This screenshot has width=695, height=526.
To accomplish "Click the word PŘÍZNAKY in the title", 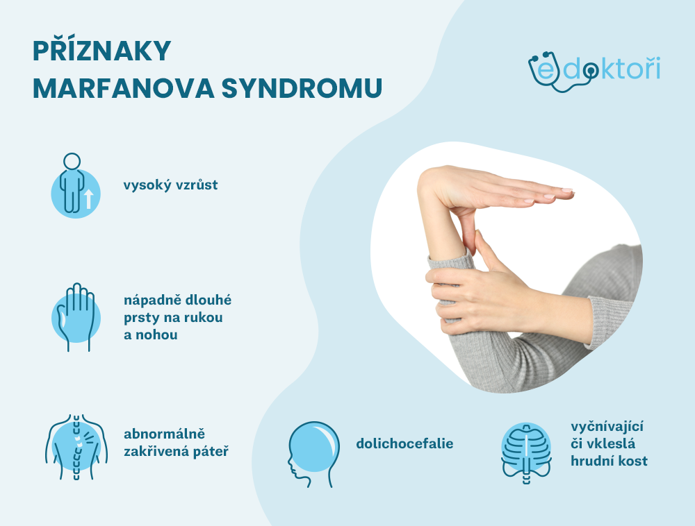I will pyautogui.click(x=101, y=53).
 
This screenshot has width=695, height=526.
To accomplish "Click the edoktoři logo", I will pyautogui.click(x=594, y=69).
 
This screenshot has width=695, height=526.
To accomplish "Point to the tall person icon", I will pyautogui.click(x=72, y=184).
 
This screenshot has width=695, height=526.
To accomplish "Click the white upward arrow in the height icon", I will pyautogui.click(x=89, y=200).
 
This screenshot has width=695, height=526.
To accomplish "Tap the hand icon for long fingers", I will pyautogui.click(x=75, y=316).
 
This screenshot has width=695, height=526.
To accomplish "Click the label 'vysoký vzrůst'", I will pyautogui.click(x=170, y=186).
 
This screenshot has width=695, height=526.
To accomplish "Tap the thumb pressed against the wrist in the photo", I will pyautogui.click(x=484, y=250).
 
